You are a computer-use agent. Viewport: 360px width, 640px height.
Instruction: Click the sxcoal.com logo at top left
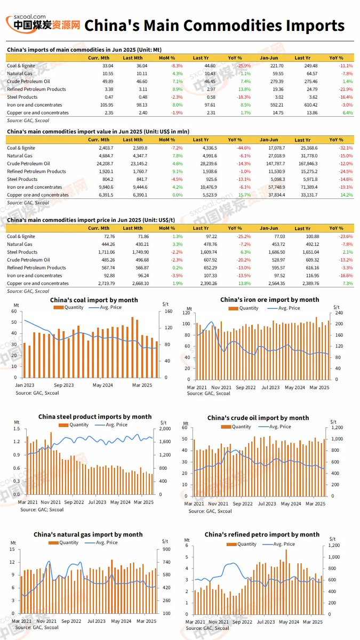click(x=43, y=23)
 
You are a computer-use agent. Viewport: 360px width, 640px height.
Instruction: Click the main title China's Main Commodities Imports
click(x=215, y=25)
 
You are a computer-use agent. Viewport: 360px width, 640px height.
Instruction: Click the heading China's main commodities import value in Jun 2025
click(x=98, y=131)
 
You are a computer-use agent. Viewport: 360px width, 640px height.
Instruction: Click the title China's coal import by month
click(x=94, y=300)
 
